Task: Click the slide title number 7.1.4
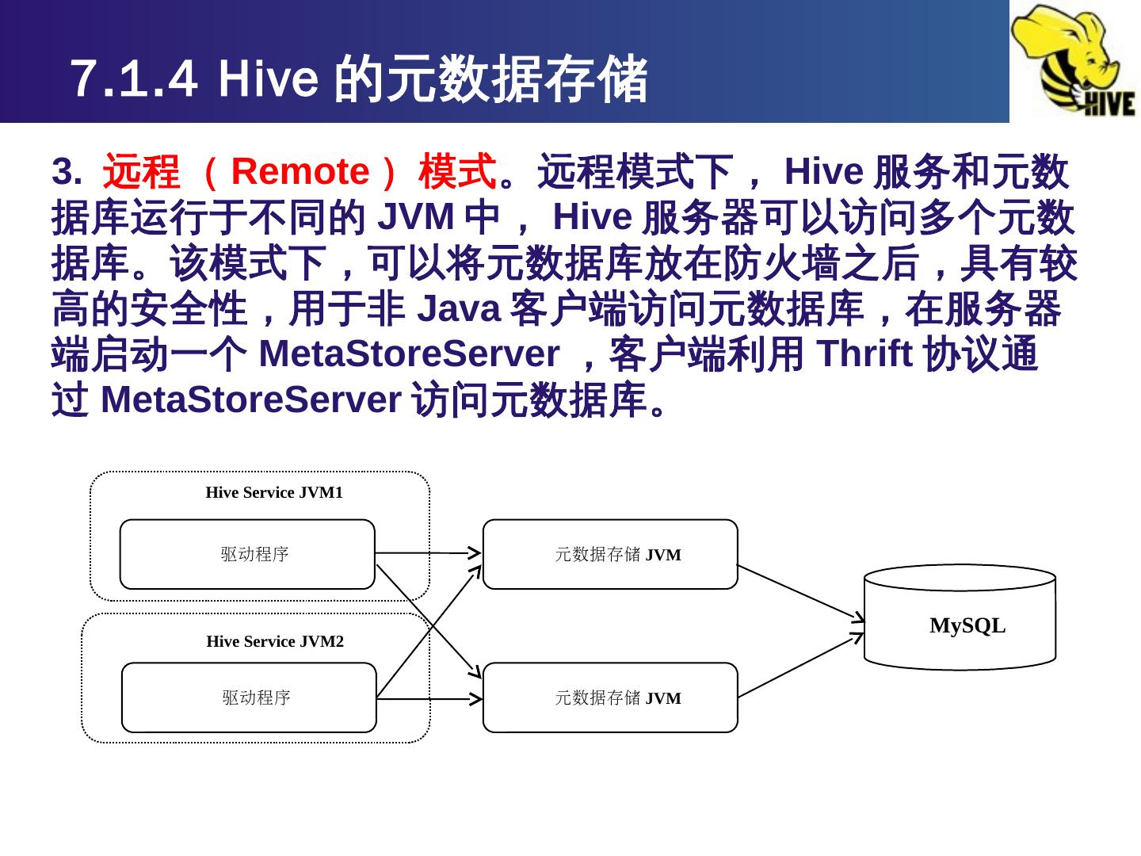pos(133,79)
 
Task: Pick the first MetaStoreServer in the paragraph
pos(407,355)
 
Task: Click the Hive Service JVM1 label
pos(274,492)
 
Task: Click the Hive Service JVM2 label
pos(275,641)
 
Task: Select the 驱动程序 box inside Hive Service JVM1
pos(247,554)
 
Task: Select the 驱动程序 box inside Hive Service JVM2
pos(249,697)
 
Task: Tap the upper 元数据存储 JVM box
pos(610,554)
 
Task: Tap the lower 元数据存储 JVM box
pos(610,697)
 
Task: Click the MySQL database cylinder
pos(960,618)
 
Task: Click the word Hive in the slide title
pos(269,79)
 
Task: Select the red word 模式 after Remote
pos(457,171)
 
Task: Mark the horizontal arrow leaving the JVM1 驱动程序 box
pos(428,552)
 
